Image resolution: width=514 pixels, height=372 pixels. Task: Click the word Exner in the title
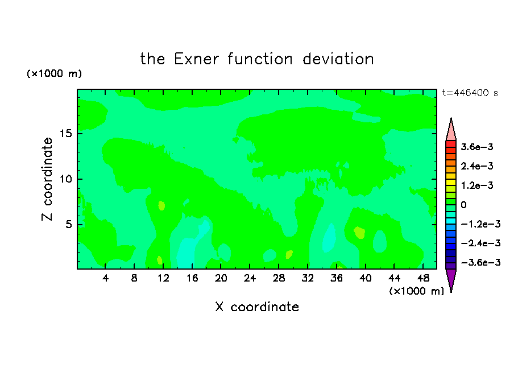tap(196, 59)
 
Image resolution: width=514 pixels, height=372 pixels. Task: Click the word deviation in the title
tap(338, 59)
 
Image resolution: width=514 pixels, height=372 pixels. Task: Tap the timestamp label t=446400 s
tap(470, 93)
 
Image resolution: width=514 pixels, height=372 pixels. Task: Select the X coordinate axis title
tap(257, 307)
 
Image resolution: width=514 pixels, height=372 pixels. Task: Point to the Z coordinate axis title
tap(47, 179)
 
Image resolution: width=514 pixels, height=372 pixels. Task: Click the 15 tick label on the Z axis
tap(65, 134)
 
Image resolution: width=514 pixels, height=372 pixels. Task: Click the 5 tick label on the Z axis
tap(68, 224)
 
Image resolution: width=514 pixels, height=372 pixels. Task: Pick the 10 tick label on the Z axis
tap(65, 179)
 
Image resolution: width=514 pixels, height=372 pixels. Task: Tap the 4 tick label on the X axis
tap(105, 278)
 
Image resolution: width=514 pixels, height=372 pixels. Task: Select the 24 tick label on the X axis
tap(250, 278)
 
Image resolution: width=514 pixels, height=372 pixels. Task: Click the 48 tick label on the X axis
tap(423, 278)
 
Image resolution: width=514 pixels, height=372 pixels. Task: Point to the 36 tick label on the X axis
tap(337, 278)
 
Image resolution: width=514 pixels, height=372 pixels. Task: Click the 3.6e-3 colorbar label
tap(477, 147)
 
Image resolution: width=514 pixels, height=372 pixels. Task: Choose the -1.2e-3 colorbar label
tap(480, 224)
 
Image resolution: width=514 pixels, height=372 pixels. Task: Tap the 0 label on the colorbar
tap(463, 205)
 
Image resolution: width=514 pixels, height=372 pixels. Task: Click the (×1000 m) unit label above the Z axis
tap(54, 73)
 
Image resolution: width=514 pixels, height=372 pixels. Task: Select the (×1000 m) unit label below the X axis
tap(416, 291)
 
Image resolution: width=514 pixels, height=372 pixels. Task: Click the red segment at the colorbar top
tap(451, 144)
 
